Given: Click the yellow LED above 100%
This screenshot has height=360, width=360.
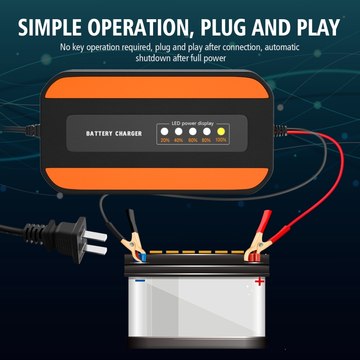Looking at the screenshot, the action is [221, 132].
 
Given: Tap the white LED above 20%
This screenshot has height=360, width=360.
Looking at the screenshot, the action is [164, 132].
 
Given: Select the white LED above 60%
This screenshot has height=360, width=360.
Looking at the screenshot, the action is [192, 132].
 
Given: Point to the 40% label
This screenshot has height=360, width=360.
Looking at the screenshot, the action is [179, 140].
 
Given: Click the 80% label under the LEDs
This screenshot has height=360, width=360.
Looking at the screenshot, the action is [206, 140].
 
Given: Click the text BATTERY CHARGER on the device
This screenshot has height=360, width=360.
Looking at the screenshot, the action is [114, 133].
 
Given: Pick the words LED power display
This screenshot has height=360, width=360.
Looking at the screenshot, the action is [192, 123].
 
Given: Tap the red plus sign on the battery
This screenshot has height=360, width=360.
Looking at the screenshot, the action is [259, 281].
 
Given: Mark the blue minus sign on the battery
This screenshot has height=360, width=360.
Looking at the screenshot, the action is [140, 280].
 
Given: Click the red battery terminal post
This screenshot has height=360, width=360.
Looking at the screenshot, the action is [254, 257].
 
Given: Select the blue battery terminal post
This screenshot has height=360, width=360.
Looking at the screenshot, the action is [141, 257].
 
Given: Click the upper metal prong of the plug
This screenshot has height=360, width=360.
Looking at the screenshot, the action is [95, 236].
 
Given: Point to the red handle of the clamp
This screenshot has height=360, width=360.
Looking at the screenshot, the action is [265, 221].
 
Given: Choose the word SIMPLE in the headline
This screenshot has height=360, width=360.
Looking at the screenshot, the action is [49, 27].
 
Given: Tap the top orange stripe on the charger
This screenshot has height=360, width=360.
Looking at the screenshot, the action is [157, 87].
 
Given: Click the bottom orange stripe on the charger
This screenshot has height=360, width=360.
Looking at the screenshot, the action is [157, 179].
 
